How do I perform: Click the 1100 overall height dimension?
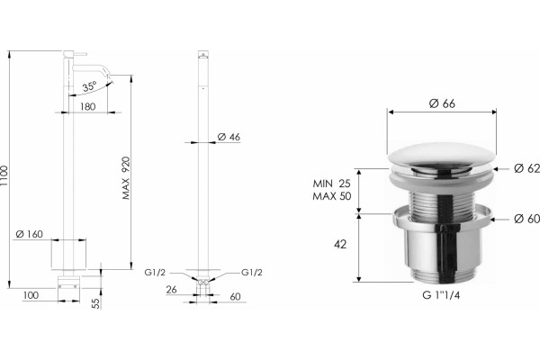[4, 176]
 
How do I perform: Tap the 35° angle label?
[89, 86]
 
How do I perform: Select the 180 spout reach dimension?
[88, 107]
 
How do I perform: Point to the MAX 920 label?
[126, 178]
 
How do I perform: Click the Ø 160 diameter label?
[30, 234]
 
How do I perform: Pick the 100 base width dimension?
[31, 295]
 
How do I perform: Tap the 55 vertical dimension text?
[96, 303]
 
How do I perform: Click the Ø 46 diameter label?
[229, 137]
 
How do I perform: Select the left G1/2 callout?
[155, 273]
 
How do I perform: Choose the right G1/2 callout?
[252, 273]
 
